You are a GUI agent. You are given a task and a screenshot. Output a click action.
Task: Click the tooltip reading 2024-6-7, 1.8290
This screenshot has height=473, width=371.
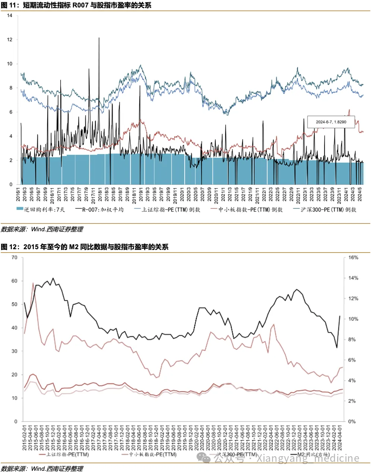coord(331,122)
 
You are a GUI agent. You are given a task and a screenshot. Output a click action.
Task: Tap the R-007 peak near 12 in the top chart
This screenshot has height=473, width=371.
coord(99,38)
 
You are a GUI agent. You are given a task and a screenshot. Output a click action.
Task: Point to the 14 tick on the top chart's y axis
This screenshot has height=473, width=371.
coord(10,16)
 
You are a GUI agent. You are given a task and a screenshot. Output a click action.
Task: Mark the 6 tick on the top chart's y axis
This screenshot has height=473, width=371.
coord(11,112)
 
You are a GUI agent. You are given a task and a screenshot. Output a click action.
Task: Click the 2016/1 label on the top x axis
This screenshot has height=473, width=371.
coord(18,195)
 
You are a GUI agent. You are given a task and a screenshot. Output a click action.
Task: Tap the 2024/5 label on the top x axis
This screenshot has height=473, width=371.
coord(360,195)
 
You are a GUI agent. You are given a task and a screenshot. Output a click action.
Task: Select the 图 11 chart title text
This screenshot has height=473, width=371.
coord(76,5)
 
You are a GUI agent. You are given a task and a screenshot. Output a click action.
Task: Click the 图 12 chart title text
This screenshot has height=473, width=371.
coord(85,247)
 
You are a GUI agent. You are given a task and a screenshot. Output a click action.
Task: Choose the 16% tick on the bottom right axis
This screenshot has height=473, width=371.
coord(353,257)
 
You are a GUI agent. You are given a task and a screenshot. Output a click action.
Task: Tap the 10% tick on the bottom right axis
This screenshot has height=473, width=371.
coord(353,319)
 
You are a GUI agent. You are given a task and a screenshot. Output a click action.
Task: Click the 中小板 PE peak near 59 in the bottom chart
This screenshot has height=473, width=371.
coord(33,283)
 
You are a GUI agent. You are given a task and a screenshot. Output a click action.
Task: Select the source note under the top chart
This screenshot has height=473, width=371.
coord(42,229)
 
